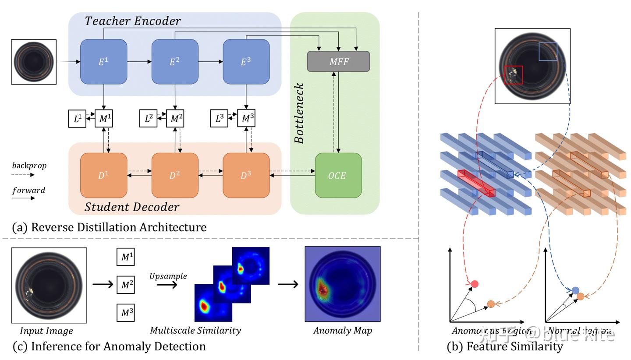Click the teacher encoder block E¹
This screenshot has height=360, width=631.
[x=103, y=62]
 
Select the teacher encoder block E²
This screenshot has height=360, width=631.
[x=175, y=62]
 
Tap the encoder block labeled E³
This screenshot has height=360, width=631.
[x=246, y=62]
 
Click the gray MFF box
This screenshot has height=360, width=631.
[x=338, y=62]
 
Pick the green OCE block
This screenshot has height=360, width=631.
[x=338, y=176]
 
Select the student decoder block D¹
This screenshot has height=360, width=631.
[x=103, y=176]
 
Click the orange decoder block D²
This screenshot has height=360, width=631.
[x=175, y=176]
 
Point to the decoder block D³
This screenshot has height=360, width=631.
[x=246, y=176]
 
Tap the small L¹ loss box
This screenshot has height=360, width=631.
[x=77, y=119]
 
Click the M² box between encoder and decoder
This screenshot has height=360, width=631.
[x=175, y=119]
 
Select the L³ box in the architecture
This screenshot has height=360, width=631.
[x=219, y=119]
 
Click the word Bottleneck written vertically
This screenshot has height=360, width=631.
[x=299, y=113]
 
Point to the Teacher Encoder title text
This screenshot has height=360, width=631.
[x=132, y=21]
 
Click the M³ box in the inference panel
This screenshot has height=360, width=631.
[x=125, y=313]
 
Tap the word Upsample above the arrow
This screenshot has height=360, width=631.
[x=168, y=276]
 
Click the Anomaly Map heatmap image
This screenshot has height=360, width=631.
[x=342, y=284]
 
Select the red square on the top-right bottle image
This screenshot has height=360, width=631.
[x=513, y=75]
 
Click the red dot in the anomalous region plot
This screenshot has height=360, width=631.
[x=474, y=284]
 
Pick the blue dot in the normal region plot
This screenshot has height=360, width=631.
[x=575, y=290]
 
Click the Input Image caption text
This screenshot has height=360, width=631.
[x=46, y=331]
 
